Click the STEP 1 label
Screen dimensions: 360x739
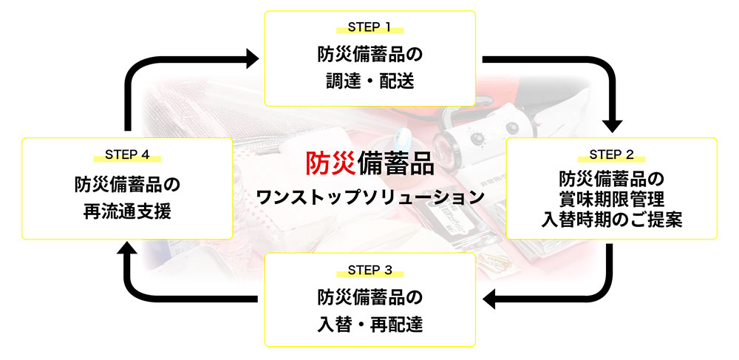[x=369, y=28]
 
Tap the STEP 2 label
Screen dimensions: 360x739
[x=611, y=154]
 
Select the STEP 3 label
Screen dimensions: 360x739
[x=369, y=268]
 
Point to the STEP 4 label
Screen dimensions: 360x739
[x=127, y=154]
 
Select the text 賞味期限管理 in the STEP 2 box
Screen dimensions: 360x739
[x=612, y=200]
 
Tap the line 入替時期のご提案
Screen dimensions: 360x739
[x=612, y=220]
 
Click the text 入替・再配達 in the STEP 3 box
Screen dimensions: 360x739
[x=369, y=324]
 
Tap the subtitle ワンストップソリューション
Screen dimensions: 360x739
[x=369, y=197]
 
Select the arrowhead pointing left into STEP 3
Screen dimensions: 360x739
[x=490, y=299]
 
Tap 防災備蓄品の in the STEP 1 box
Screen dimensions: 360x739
[x=369, y=55]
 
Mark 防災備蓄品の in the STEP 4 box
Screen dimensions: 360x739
[x=127, y=183]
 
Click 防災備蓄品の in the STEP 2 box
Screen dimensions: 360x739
[x=612, y=179]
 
